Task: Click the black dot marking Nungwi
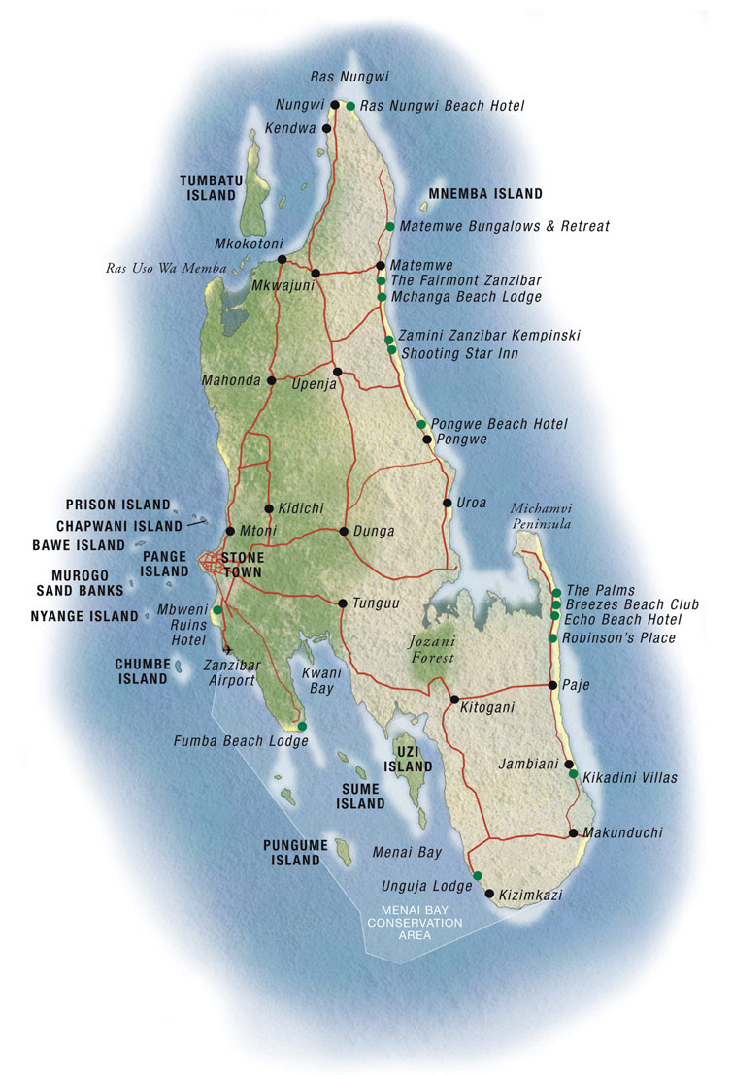click(x=335, y=105)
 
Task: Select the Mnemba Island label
click(x=485, y=194)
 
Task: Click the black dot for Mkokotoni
click(x=282, y=259)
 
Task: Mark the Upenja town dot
click(x=337, y=372)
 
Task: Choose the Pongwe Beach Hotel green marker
click(x=421, y=424)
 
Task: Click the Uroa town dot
click(x=447, y=503)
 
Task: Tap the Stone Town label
click(x=242, y=565)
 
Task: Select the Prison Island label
click(x=117, y=505)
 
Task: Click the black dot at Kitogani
click(x=454, y=699)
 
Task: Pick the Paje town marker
click(x=552, y=685)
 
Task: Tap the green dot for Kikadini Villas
click(x=573, y=774)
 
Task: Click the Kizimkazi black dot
click(x=489, y=894)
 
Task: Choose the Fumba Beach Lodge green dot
click(x=302, y=726)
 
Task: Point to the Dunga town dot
click(x=344, y=531)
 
